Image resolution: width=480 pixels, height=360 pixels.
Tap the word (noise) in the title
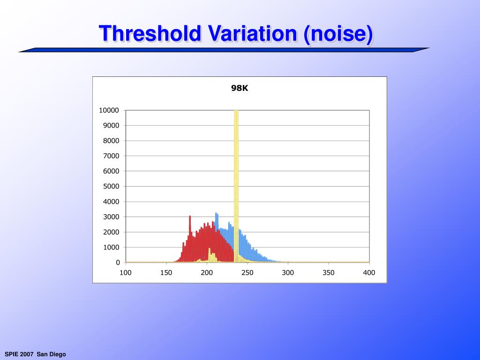click(x=338, y=34)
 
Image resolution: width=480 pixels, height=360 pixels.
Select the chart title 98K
click(x=240, y=88)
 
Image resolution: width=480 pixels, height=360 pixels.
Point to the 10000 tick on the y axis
click(x=109, y=110)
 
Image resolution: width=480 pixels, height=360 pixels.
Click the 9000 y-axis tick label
click(x=111, y=126)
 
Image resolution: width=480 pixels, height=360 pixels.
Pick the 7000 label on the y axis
click(x=111, y=156)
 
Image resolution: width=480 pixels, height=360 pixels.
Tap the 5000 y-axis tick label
click(x=111, y=187)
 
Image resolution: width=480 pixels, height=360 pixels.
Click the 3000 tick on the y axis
click(x=111, y=217)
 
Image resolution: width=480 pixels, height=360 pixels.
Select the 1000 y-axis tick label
click(x=111, y=247)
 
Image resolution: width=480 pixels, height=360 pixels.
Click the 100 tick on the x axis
click(x=126, y=273)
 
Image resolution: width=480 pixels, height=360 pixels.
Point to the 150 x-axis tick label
click(x=166, y=273)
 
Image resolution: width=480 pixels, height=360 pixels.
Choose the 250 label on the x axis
click(x=247, y=273)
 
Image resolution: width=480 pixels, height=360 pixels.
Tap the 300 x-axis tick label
click(x=288, y=273)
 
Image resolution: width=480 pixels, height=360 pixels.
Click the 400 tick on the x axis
click(x=369, y=273)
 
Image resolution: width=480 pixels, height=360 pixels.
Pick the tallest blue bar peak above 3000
click(x=217, y=217)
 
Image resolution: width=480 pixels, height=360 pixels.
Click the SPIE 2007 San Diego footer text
click(x=35, y=354)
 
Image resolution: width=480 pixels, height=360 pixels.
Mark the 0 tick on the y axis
click(x=117, y=262)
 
